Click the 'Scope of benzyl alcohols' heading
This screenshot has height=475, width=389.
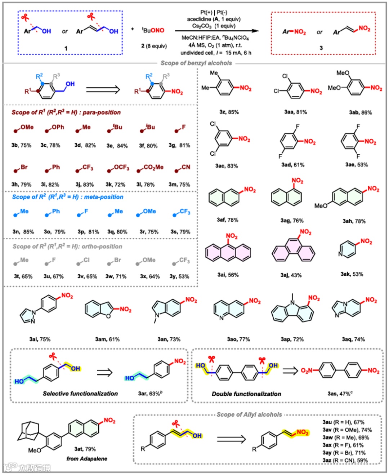click(196, 63)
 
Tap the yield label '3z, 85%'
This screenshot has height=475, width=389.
click(229, 112)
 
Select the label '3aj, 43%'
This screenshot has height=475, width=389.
click(291, 275)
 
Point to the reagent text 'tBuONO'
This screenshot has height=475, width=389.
click(153, 30)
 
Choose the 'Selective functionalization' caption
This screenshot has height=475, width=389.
click(80, 394)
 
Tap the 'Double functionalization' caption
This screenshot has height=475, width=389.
click(246, 394)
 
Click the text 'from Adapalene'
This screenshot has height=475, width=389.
click(87, 458)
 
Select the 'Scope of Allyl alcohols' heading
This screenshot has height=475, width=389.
click(249, 414)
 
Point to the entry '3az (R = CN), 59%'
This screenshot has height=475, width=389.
click(345, 460)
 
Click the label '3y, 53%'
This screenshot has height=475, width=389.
click(179, 276)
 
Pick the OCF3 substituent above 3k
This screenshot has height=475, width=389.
click(119, 168)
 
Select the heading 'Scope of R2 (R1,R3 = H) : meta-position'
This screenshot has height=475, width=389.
click(68, 197)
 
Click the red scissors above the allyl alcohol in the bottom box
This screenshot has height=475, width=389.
click(175, 423)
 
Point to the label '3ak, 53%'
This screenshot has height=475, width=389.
click(352, 274)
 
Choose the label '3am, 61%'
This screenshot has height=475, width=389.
click(107, 339)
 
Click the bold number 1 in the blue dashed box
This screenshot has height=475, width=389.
click(66, 48)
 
